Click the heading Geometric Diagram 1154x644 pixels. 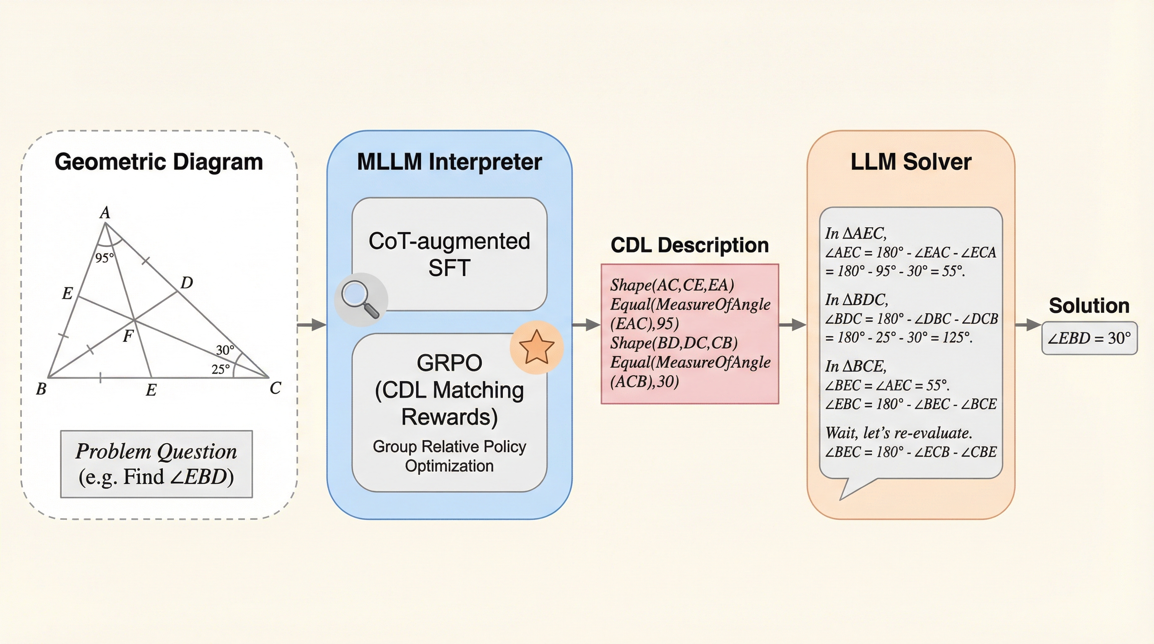pos(159,162)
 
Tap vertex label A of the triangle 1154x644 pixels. pos(105,212)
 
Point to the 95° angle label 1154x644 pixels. pos(104,258)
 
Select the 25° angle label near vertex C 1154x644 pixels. pos(221,369)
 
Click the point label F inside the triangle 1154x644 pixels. pos(128,336)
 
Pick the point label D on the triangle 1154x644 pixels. pos(187,283)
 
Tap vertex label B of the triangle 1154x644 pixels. pos(41,389)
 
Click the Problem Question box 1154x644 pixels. pos(156,464)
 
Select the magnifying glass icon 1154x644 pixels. pos(361,299)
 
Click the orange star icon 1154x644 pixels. pos(536,347)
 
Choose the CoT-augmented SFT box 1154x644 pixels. pos(450,254)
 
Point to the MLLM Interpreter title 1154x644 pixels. pos(450,162)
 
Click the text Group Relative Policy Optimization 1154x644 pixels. pos(450,456)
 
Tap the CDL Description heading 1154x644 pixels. pos(689,245)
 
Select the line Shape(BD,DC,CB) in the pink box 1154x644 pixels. pos(674,343)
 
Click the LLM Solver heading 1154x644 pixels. pos(911,162)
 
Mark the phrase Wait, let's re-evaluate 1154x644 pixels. pos(899,433)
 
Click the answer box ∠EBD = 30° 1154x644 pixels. pos(1089,338)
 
